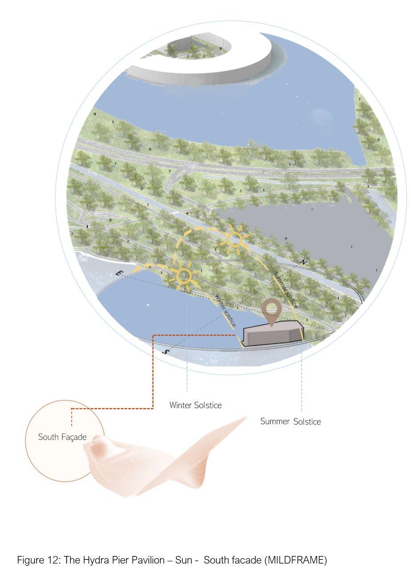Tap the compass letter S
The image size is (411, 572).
pyautogui.click(x=166, y=352)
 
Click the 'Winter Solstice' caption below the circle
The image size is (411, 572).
pyautogui.click(x=195, y=406)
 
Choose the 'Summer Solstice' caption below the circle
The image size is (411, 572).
pyautogui.click(x=290, y=422)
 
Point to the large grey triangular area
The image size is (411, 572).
pyautogui.click(x=308, y=236)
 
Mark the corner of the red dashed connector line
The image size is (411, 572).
pyautogui.click(x=153, y=408)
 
